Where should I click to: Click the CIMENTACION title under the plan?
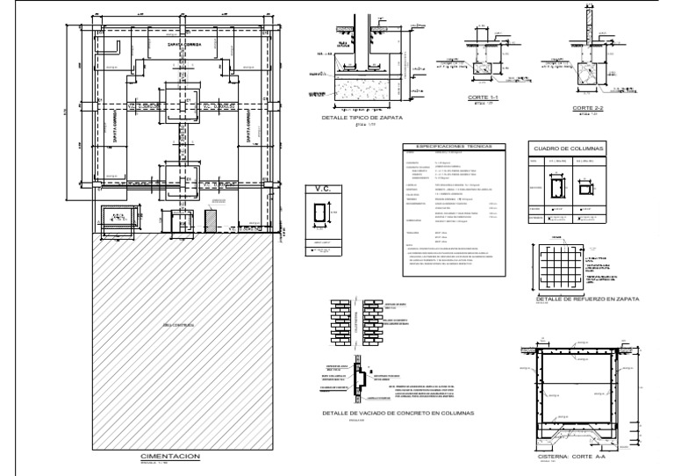click(171, 456)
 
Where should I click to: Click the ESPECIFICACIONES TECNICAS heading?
click(448, 147)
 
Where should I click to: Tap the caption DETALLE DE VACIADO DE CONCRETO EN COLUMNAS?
click(398, 412)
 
